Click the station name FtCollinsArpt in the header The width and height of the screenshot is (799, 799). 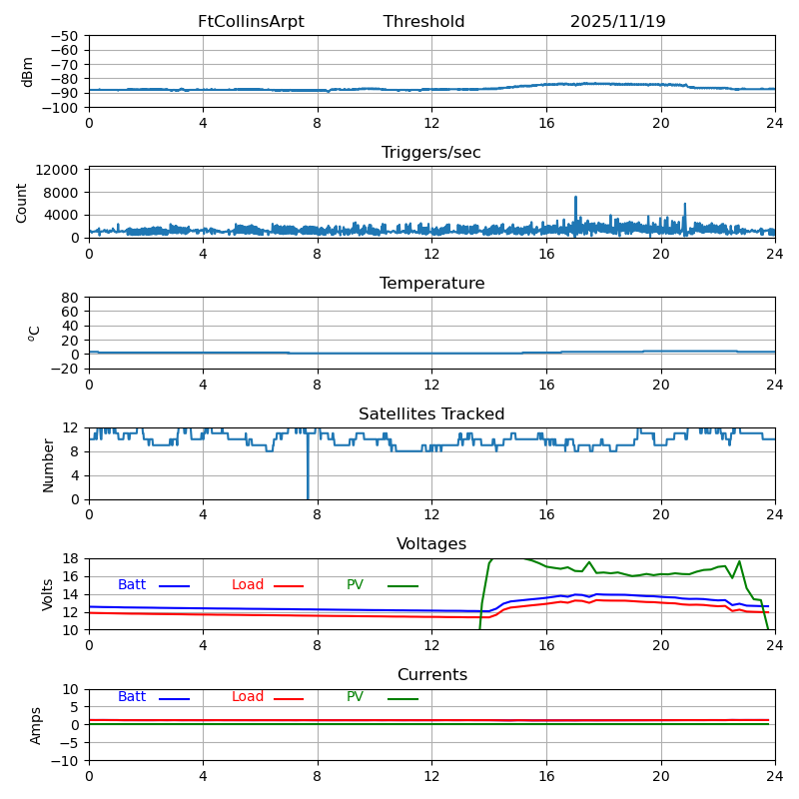click(x=251, y=22)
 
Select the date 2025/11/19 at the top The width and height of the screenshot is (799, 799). click(x=617, y=22)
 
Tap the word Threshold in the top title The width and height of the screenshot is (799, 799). click(x=423, y=22)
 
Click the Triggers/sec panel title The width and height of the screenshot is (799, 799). click(x=431, y=153)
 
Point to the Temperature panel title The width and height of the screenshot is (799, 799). click(x=431, y=284)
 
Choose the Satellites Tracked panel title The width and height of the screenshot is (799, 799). click(x=431, y=414)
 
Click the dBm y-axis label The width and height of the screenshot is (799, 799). click(x=28, y=71)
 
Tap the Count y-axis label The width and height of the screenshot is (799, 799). click(x=23, y=202)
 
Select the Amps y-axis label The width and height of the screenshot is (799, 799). click(x=36, y=725)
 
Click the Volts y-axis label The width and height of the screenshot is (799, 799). click(x=48, y=594)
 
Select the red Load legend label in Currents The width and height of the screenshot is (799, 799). click(x=248, y=697)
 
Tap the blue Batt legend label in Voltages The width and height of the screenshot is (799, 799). click(x=132, y=585)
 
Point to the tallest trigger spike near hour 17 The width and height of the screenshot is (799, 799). click(x=575, y=198)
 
